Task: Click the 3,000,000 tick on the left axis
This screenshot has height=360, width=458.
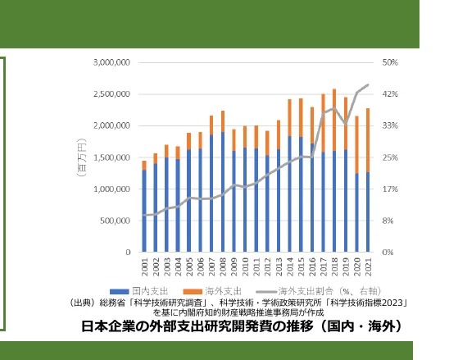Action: click(x=112, y=62)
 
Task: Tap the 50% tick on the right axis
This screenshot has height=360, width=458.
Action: click(x=389, y=62)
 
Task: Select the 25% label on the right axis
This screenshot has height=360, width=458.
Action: click(x=389, y=157)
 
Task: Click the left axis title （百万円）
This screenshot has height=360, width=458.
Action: click(x=83, y=157)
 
